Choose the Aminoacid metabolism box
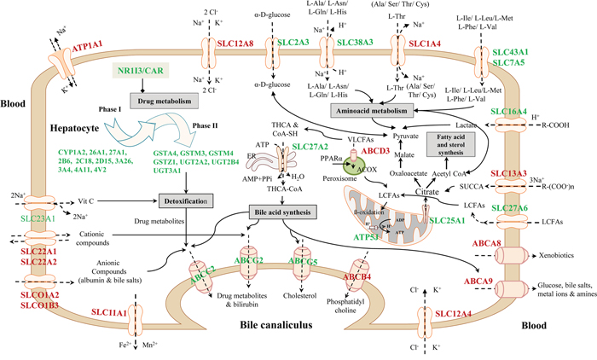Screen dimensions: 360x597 pyautogui.click(x=373, y=110)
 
